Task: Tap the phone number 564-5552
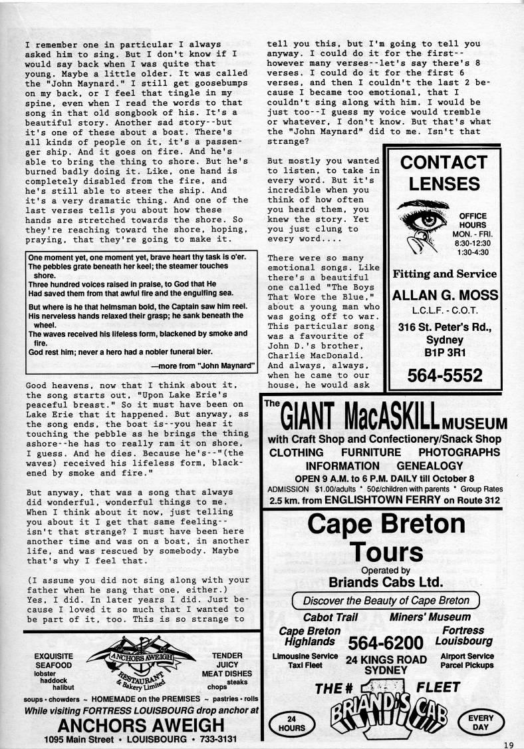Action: [446, 376]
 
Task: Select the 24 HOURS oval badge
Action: [290, 724]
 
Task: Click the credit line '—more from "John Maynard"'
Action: [194, 366]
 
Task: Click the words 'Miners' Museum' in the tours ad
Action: [430, 617]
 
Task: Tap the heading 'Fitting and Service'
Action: [446, 274]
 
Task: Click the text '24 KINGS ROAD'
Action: [386, 659]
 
